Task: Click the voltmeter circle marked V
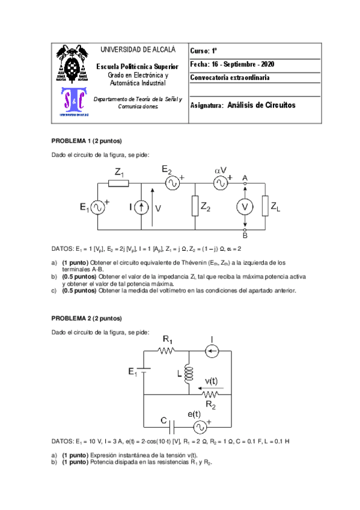pos(245,206)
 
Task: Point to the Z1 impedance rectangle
pos(118,183)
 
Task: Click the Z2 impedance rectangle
pos(196,206)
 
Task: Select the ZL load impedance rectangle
pos(265,206)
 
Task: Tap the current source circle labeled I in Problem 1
pos(141,207)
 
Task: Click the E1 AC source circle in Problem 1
pos(97,207)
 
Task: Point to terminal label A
pos(245,177)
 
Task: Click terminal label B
pos(245,235)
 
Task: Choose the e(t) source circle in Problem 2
pos(199,427)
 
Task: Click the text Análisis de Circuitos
pos(262,105)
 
